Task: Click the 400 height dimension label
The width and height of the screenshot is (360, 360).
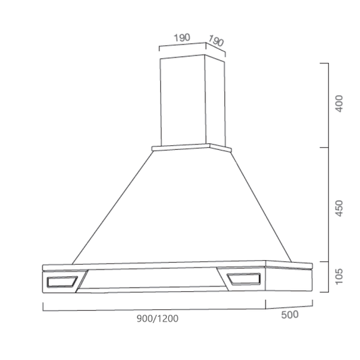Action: click(339, 104)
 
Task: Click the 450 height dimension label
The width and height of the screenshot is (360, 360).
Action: click(339, 208)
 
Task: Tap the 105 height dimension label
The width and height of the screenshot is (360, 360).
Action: click(339, 276)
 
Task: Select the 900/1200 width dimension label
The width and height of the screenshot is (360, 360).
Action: click(157, 318)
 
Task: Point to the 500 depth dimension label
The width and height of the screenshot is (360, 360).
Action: click(290, 315)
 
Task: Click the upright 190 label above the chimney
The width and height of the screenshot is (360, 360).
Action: click(182, 38)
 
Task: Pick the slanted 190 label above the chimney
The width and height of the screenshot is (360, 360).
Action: click(215, 41)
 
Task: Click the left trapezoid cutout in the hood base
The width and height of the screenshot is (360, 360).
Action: click(62, 282)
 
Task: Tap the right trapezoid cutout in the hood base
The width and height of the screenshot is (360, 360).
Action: click(244, 279)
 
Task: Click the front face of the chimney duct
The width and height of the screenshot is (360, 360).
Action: click(183, 101)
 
